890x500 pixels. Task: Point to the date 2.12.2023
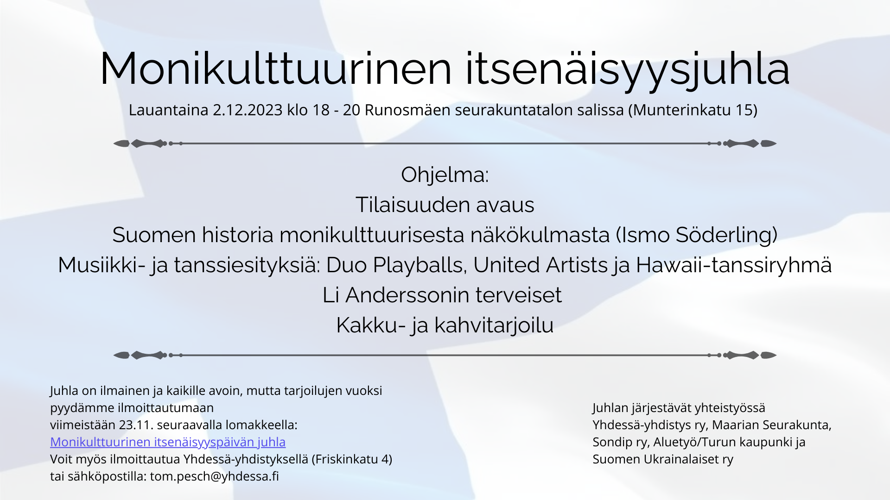click(248, 110)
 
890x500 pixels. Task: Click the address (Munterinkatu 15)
click(693, 110)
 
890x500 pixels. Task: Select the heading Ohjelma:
click(445, 175)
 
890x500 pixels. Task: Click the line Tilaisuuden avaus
click(445, 205)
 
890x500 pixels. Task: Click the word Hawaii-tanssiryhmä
click(734, 265)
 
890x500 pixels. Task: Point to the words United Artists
click(540, 265)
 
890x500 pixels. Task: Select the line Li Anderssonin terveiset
click(442, 295)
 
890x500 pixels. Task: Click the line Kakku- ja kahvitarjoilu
click(445, 325)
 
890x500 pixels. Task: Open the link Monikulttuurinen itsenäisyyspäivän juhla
click(168, 442)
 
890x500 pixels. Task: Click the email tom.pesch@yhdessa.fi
click(215, 476)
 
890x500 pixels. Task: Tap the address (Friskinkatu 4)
click(352, 459)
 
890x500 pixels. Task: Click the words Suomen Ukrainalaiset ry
click(663, 459)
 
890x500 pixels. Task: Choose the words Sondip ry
click(620, 442)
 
